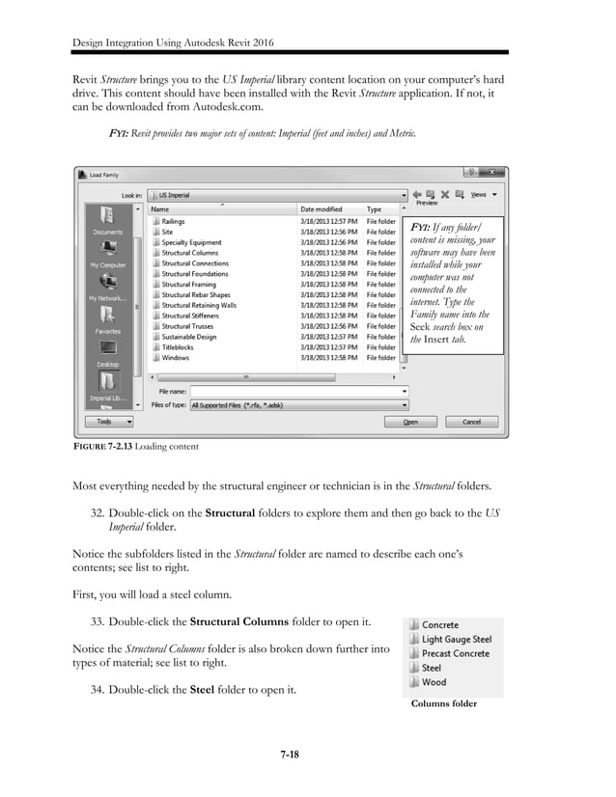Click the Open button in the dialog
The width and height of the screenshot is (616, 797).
(x=411, y=422)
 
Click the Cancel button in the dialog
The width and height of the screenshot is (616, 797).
(x=472, y=422)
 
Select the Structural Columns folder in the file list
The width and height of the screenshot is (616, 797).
(x=189, y=253)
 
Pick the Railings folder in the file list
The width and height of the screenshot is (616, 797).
(x=174, y=221)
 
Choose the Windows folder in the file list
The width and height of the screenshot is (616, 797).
(x=176, y=358)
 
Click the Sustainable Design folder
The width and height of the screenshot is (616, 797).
(x=189, y=337)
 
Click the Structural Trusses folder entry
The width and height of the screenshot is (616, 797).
(x=187, y=326)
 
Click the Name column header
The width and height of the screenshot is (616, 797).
(x=160, y=208)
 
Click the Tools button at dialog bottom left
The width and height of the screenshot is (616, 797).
(x=107, y=422)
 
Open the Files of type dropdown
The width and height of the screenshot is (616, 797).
(x=299, y=405)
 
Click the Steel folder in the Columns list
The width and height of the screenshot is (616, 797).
(x=432, y=668)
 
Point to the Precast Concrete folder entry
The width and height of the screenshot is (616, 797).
(x=455, y=653)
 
